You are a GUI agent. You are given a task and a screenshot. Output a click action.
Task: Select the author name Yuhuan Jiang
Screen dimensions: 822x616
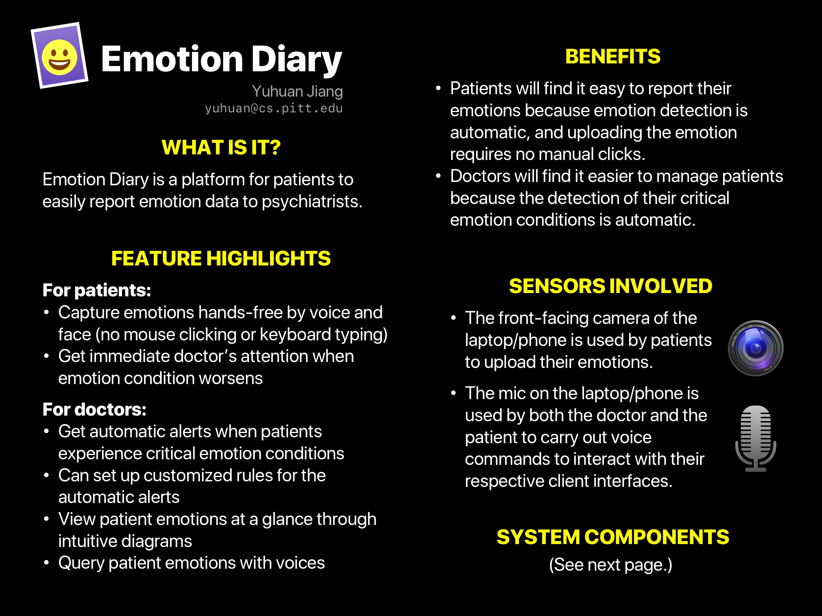coord(297,91)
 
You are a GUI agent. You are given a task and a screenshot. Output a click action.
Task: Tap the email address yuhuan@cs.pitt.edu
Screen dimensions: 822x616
coord(274,108)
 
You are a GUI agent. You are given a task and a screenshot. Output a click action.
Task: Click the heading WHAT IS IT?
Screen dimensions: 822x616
coord(221,148)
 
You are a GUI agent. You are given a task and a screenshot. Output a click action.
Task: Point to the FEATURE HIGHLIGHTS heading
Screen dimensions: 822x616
coord(221,259)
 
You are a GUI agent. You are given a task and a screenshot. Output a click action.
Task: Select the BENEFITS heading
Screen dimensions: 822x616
coord(613,57)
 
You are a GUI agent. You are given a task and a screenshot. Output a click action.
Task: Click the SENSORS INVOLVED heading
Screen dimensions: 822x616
coord(611,286)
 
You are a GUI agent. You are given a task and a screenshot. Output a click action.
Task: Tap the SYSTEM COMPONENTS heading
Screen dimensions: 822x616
coord(613,537)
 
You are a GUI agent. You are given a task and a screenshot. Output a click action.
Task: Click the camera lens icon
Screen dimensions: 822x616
coord(756,348)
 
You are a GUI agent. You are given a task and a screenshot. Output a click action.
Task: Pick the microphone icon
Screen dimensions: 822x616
coord(756,439)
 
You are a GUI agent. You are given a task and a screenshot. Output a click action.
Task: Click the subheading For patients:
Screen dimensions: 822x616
coord(97,290)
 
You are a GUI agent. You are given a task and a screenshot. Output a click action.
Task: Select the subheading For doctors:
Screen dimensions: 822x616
coord(94,410)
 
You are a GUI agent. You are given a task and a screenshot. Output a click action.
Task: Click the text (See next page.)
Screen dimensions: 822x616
coord(611,565)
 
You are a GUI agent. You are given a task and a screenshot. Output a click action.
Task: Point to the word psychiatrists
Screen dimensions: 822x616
coord(312,202)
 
